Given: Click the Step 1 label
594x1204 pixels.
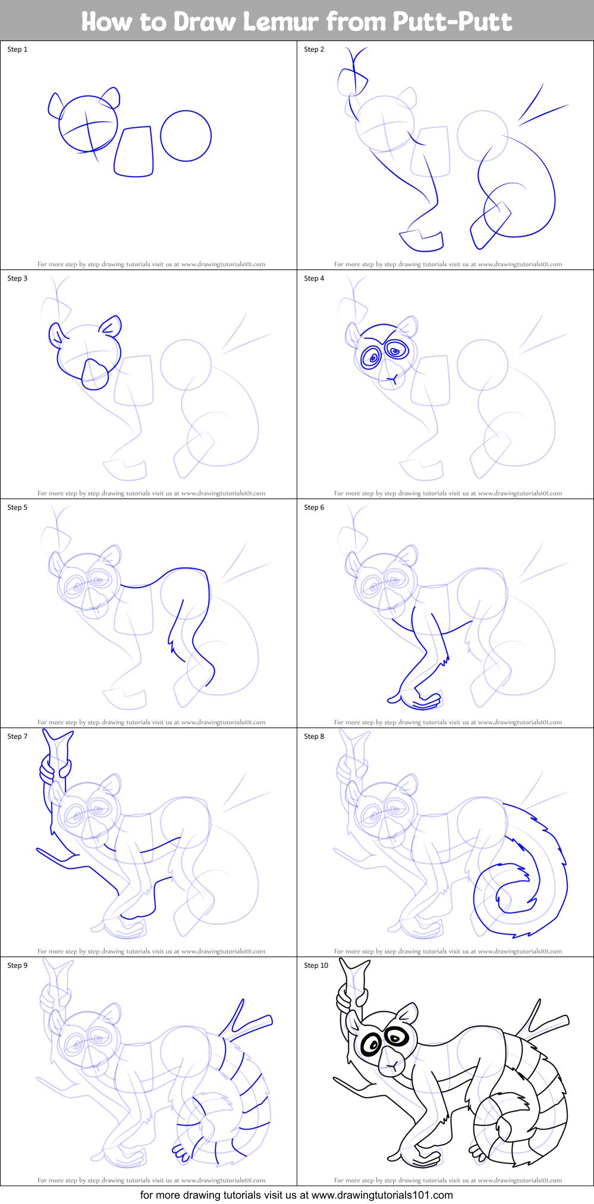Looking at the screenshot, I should tap(17, 49).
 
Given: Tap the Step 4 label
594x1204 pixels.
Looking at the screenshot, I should tap(314, 278).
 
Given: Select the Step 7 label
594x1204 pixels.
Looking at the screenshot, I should tap(17, 736).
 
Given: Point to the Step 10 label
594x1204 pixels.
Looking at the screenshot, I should tap(316, 965).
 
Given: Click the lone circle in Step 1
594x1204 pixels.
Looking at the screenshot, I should tap(186, 136).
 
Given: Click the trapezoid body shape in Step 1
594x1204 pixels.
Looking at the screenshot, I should tap(135, 152).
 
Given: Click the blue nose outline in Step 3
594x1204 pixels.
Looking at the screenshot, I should tap(95, 374).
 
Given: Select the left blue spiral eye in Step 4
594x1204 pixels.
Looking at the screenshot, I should tap(373, 358).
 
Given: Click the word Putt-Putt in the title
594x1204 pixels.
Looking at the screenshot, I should tap(451, 22).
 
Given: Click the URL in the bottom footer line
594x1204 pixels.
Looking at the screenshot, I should tap(382, 1194).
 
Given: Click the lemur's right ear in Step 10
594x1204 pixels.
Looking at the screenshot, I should tap(408, 1013).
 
